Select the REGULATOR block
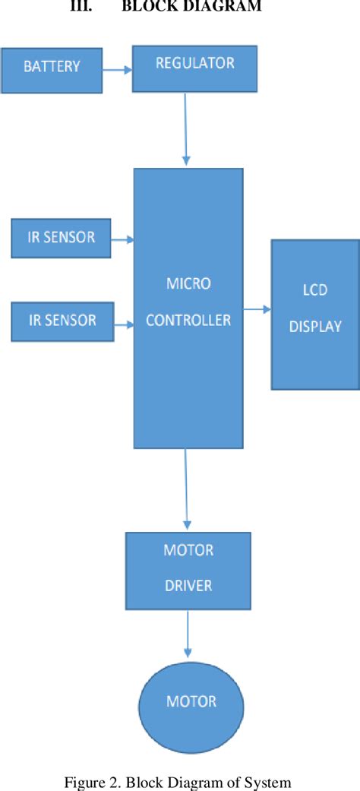click(195, 66)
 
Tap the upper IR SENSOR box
click(62, 237)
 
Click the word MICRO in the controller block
click(188, 284)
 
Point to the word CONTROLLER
click(188, 321)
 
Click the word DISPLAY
click(315, 327)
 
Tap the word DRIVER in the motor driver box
click(188, 587)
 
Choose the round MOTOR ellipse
click(191, 701)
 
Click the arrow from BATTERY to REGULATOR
click(117, 68)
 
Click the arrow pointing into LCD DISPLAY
click(257, 309)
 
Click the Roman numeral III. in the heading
click(80, 8)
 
